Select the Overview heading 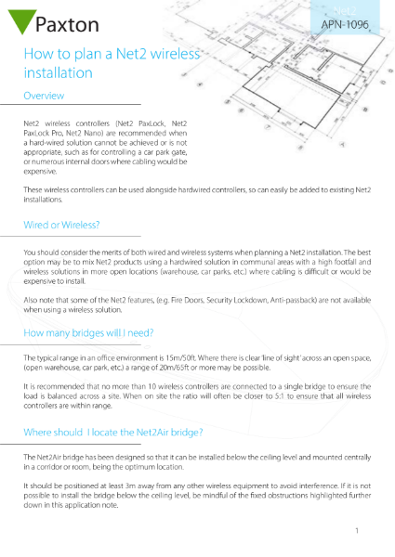43,96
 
